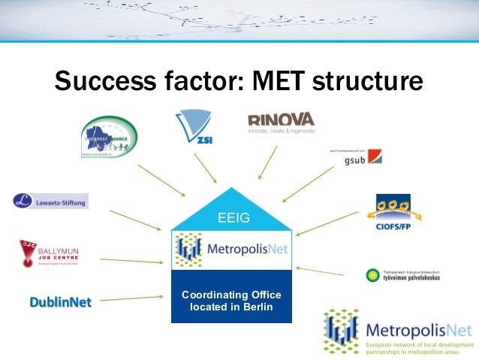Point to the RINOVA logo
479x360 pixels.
point(282,122)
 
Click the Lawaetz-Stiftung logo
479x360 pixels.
point(50,201)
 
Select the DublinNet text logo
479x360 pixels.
point(60,302)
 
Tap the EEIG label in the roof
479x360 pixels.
point(231,219)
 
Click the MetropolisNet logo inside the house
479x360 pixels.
point(231,248)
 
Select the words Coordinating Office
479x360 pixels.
point(231,294)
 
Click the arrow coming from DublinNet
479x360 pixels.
point(131,299)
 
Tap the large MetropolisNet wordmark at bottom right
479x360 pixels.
point(418,330)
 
